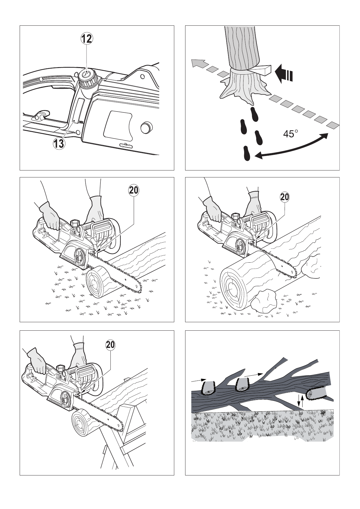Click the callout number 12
(x=87, y=38)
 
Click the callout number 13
(x=59, y=143)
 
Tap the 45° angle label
(x=290, y=133)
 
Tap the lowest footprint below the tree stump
(x=247, y=153)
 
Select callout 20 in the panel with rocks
(x=285, y=197)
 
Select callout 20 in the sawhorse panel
(x=110, y=345)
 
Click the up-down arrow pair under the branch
(x=300, y=400)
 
